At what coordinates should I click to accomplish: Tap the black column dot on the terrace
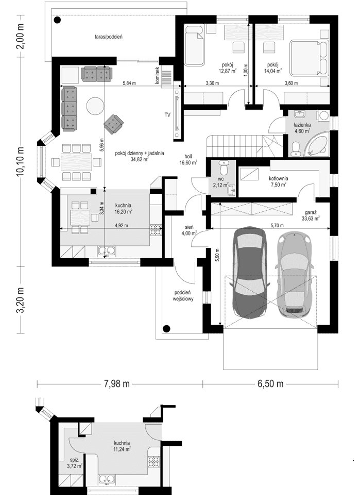(57, 20)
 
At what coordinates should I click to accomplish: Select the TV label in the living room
(167, 114)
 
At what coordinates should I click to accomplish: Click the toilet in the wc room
(222, 168)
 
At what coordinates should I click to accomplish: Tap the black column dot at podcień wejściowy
(166, 328)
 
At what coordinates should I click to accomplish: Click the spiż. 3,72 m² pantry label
(74, 462)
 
